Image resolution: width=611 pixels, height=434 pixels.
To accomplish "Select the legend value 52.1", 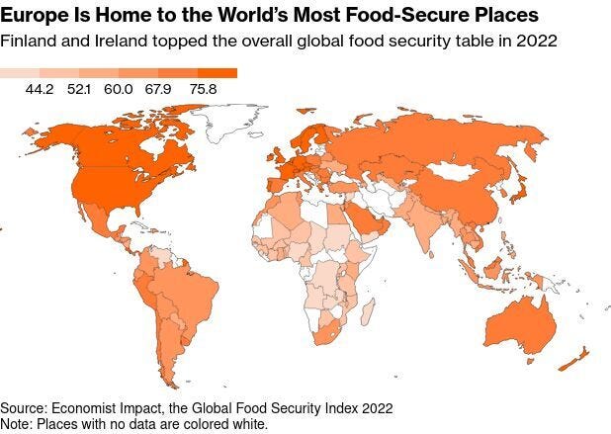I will [x=106, y=90].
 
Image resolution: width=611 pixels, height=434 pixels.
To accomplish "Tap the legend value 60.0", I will [x=145, y=90].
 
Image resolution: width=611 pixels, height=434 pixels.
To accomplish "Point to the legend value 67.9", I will [x=185, y=90].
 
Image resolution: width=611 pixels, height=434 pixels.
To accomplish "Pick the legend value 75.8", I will [x=224, y=90].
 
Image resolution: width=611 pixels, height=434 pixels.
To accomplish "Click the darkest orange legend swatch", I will [x=218, y=73].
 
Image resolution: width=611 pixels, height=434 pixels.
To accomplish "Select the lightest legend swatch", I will [x=20, y=73].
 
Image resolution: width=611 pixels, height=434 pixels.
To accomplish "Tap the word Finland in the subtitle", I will [x=27, y=42].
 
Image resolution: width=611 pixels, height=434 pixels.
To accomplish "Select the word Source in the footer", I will [x=25, y=407].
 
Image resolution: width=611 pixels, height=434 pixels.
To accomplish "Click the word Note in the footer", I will [x=17, y=423].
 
